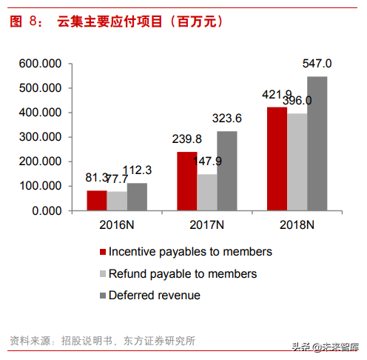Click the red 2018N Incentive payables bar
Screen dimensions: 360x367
coord(277,159)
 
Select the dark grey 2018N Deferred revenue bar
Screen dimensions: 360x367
coord(317,144)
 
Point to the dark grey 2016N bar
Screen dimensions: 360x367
coord(136,197)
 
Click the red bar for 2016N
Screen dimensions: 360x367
coord(96,201)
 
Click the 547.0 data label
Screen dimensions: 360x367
coord(317,63)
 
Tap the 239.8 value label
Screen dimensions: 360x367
coord(186,139)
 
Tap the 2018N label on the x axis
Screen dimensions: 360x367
coord(297,225)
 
